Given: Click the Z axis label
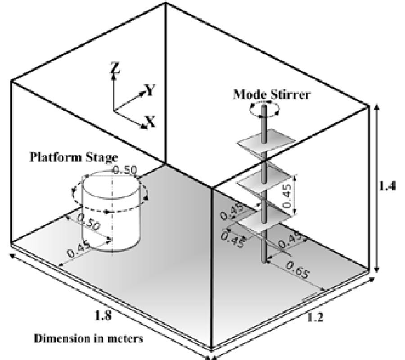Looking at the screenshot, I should point(116,67).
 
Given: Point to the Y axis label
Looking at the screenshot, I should point(151,91).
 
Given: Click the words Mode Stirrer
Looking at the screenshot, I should point(271,95).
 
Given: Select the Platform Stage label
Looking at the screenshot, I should point(73,157).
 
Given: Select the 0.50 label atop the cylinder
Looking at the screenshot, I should point(123,170).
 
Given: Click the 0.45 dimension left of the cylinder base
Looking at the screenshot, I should point(77,250).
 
